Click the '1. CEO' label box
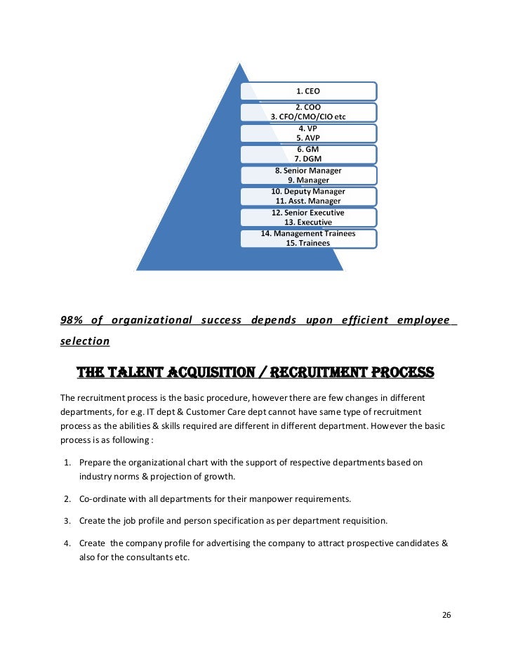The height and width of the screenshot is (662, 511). pyautogui.click(x=308, y=91)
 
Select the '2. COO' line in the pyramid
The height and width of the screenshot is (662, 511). pyautogui.click(x=308, y=107)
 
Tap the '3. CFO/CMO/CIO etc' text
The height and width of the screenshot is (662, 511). pyautogui.click(x=308, y=117)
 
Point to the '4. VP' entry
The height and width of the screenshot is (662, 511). pyautogui.click(x=308, y=129)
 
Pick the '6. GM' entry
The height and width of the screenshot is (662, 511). pyautogui.click(x=308, y=150)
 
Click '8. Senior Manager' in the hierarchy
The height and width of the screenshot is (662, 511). pyautogui.click(x=308, y=170)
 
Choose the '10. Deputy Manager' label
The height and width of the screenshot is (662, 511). pyautogui.click(x=308, y=191)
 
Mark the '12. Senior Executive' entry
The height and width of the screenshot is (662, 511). pyautogui.click(x=308, y=212)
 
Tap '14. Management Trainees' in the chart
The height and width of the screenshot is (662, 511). pyautogui.click(x=308, y=233)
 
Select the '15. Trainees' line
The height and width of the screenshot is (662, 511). pyautogui.click(x=308, y=243)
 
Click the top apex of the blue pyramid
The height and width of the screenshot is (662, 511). pyautogui.click(x=240, y=63)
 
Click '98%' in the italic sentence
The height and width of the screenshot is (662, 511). pyautogui.click(x=72, y=320)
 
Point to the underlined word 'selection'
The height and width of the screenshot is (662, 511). pyautogui.click(x=85, y=342)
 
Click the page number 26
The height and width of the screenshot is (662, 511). pyautogui.click(x=446, y=615)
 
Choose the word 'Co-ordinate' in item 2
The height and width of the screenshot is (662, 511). pyautogui.click(x=101, y=498)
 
